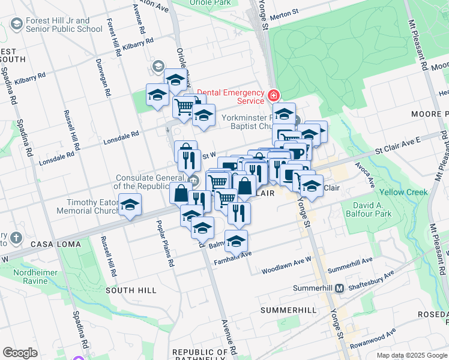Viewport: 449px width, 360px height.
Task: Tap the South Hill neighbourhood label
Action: tap(131, 290)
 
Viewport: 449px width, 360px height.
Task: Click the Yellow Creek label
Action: tap(403, 193)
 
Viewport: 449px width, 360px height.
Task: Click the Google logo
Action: tap(20, 353)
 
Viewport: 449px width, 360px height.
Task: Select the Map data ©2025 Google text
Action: tap(412, 355)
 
